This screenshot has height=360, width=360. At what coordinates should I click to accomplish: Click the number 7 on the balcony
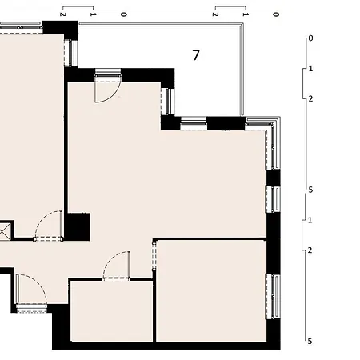click(x=196, y=55)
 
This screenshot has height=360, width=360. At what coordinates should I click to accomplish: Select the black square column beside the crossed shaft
click(x=78, y=226)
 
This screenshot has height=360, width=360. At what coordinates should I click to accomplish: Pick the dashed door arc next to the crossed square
click(x=49, y=224)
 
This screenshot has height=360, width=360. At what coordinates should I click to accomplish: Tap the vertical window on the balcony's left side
click(x=168, y=102)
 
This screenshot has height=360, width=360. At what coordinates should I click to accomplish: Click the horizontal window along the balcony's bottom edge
click(x=194, y=123)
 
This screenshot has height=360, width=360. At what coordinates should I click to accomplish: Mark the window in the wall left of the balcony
click(x=72, y=52)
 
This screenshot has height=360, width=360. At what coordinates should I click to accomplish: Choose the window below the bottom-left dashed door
click(x=31, y=308)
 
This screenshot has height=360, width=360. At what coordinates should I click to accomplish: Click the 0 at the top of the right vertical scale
click(x=310, y=38)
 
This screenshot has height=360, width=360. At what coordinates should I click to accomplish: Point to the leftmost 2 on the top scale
click(x=62, y=14)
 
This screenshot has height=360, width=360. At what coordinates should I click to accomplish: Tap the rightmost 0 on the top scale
click(x=276, y=14)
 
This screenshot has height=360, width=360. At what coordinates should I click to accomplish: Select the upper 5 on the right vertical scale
click(x=310, y=190)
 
